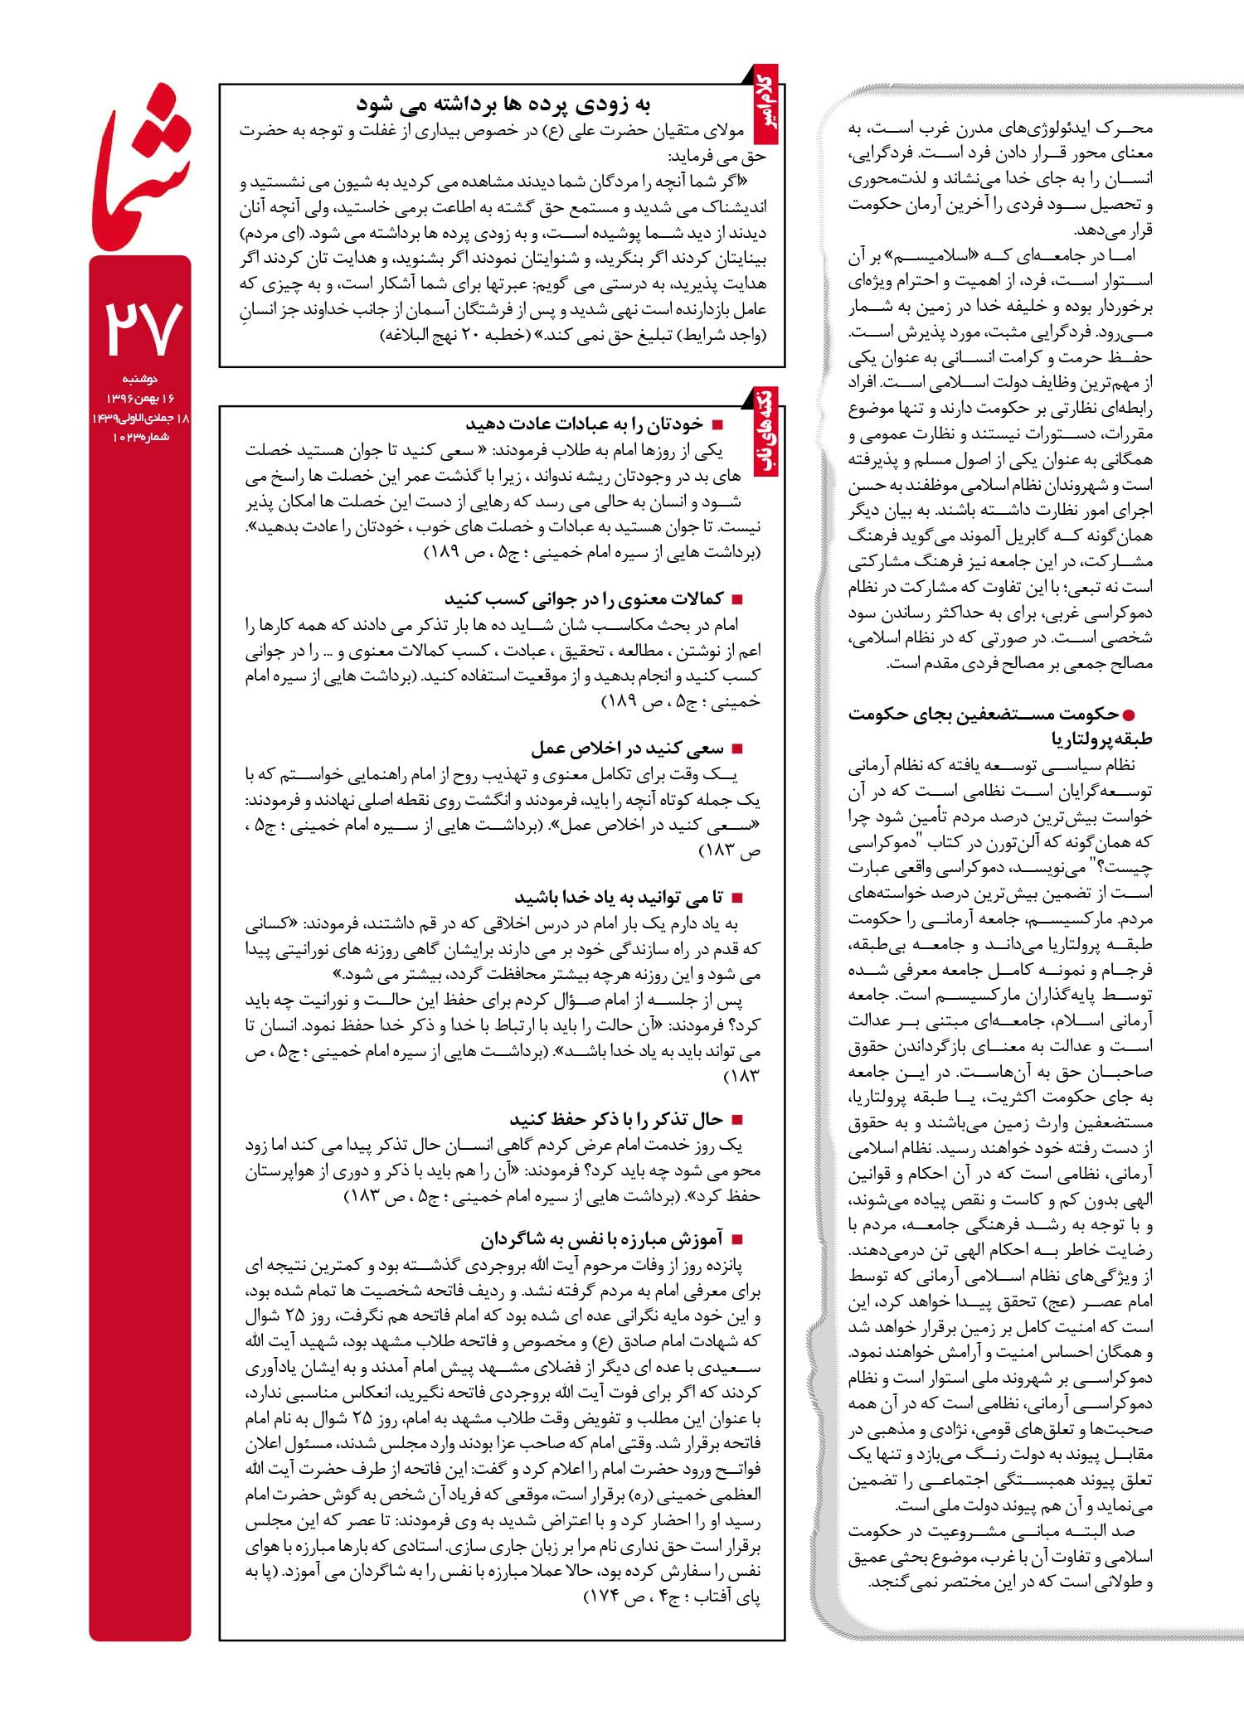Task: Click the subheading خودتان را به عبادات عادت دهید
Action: click(x=584, y=424)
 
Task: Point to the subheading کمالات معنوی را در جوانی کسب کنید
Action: click(x=584, y=598)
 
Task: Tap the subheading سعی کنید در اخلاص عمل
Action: click(x=627, y=749)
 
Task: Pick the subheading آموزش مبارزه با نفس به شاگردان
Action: click(x=601, y=1239)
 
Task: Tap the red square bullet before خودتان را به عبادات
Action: click(x=718, y=425)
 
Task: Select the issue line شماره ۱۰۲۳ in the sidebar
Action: click(x=141, y=437)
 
